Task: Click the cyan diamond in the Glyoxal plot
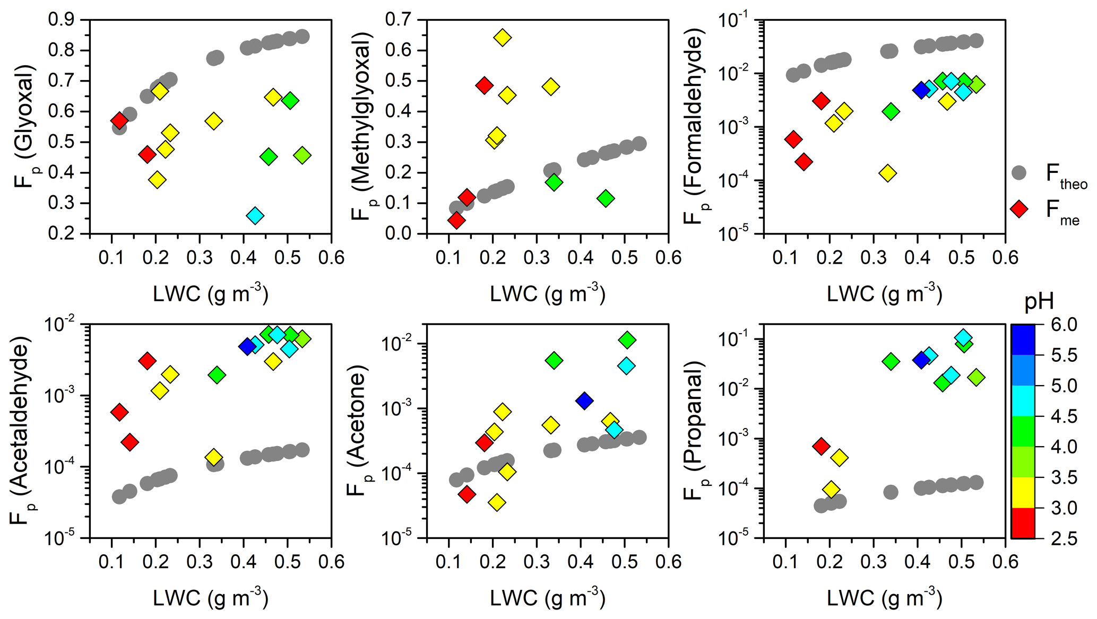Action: pos(255,216)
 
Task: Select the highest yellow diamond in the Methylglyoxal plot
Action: pos(502,38)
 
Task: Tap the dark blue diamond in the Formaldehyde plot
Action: pos(921,90)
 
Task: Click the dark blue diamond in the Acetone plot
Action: pos(584,401)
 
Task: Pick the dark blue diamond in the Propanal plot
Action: pos(921,360)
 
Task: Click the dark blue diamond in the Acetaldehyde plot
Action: pos(247,347)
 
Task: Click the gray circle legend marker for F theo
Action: pos(1019,173)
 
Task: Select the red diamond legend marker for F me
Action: pos(1019,209)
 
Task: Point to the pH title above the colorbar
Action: pos(1039,302)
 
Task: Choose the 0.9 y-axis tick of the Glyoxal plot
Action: pos(62,20)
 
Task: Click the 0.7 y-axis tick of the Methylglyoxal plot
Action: pos(399,20)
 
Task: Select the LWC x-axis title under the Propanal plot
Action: pos(884,598)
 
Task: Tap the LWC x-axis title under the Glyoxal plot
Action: pos(211,293)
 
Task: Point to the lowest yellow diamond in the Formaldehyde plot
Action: pos(887,173)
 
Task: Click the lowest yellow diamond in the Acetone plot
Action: pos(497,502)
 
